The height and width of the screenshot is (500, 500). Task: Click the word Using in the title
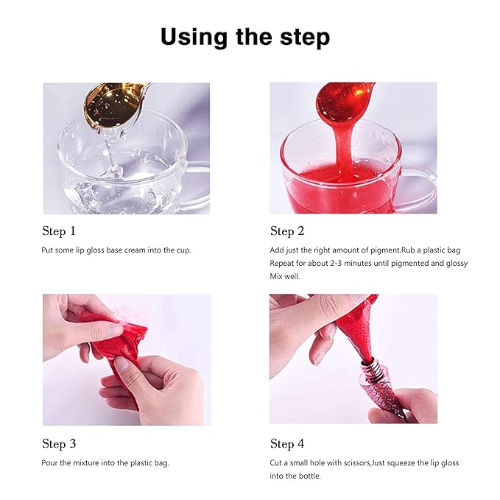[x=194, y=38]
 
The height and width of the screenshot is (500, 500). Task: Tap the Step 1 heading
[x=59, y=231]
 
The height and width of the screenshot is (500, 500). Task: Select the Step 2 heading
[x=287, y=231]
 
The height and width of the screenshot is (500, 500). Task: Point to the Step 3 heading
[x=59, y=444]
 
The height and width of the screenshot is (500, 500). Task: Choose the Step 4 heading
[x=287, y=444]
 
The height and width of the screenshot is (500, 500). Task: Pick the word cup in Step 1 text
[x=183, y=250]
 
